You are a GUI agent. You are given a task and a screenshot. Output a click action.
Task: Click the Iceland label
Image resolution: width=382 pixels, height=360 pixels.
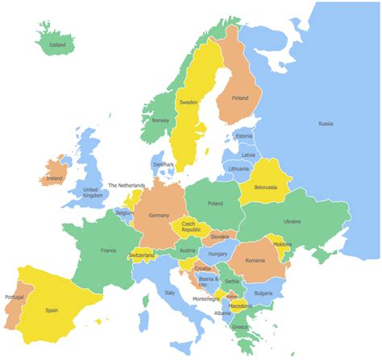[57, 45]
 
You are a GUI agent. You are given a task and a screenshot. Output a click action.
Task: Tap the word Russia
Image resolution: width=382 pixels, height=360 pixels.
[326, 123]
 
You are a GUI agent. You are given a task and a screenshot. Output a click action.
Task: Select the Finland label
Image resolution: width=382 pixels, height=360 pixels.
[240, 97]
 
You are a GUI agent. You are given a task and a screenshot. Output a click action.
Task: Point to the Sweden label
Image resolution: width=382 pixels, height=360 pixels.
[189, 102]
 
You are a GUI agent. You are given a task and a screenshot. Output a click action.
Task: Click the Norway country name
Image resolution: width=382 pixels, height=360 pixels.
[160, 121]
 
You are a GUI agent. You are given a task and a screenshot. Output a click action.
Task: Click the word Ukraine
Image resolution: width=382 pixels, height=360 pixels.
[291, 221]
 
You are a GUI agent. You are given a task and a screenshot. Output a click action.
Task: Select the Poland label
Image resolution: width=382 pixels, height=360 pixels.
[214, 204]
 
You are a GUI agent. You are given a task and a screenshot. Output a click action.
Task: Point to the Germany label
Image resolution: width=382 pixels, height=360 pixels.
[159, 215]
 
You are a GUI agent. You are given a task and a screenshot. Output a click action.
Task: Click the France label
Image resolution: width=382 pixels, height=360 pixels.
[108, 250]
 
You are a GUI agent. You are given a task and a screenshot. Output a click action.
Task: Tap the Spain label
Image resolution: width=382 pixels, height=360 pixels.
[52, 310]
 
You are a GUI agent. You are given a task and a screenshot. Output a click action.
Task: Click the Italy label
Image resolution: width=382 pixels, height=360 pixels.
[170, 292]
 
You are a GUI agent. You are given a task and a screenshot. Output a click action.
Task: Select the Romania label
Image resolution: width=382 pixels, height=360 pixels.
[255, 260]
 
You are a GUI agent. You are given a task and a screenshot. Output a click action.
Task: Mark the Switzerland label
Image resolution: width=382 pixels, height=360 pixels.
[141, 255]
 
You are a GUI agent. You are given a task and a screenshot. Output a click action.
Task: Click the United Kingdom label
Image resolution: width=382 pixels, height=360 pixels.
[93, 193]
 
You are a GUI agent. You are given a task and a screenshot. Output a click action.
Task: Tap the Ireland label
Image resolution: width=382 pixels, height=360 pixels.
[54, 178]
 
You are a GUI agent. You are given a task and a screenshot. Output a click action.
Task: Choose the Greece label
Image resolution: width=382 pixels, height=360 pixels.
[240, 328]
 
